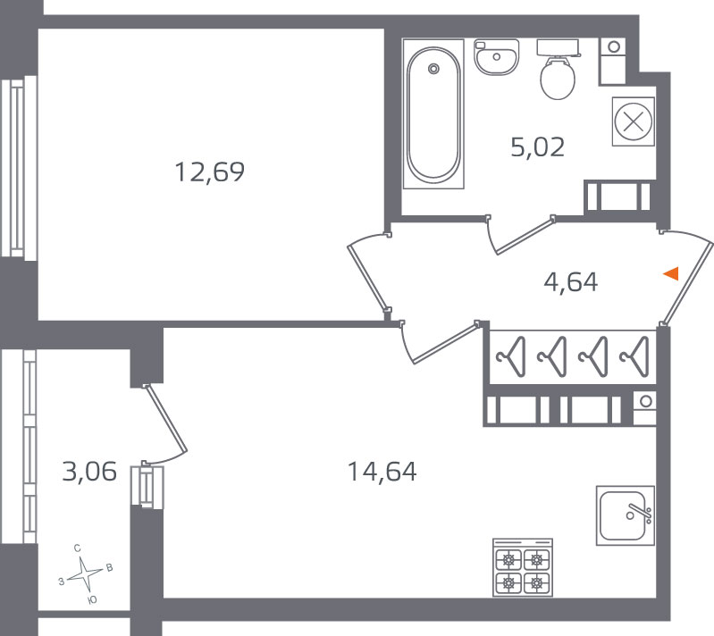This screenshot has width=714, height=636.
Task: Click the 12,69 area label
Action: (x=209, y=172)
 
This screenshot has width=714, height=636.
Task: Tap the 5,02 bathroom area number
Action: (x=537, y=147)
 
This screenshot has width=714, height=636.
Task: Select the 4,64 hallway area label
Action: (x=570, y=281)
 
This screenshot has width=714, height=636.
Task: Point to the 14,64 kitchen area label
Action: (x=382, y=472)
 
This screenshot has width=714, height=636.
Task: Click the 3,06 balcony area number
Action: (x=89, y=472)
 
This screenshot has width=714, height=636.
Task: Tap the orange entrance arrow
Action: (x=671, y=273)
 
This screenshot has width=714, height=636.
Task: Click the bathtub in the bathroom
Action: (x=433, y=113)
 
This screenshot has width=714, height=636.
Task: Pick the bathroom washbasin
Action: (x=496, y=57)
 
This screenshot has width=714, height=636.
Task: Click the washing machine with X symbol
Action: (x=634, y=121)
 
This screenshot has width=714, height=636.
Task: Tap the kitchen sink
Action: (x=626, y=515)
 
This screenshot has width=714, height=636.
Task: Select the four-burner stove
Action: (x=523, y=567)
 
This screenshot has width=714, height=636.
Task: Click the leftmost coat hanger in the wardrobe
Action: (x=511, y=357)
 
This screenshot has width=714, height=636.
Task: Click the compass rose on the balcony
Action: (x=85, y=574)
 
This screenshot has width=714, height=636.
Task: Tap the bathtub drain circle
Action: (x=433, y=69)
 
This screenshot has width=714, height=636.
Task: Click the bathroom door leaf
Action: (x=525, y=236)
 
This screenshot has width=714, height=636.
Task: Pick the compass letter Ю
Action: (x=92, y=600)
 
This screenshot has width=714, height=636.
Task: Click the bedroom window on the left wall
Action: (x=18, y=169)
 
